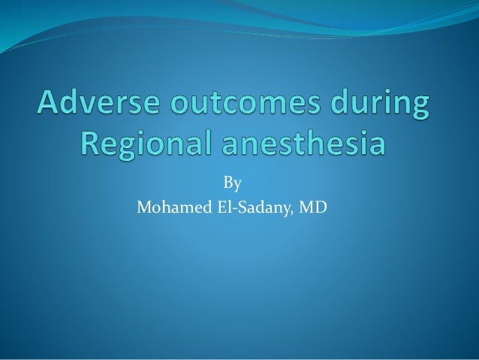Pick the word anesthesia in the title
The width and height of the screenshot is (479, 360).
303,142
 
